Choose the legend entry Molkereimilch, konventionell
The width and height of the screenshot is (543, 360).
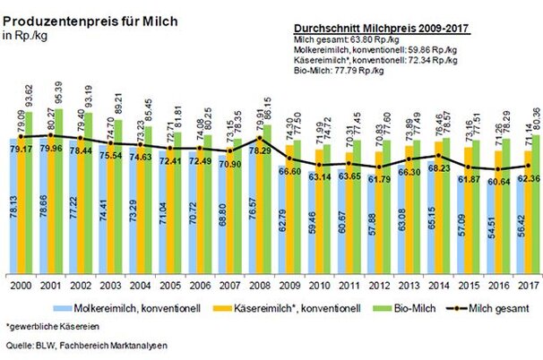tap(140, 308)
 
